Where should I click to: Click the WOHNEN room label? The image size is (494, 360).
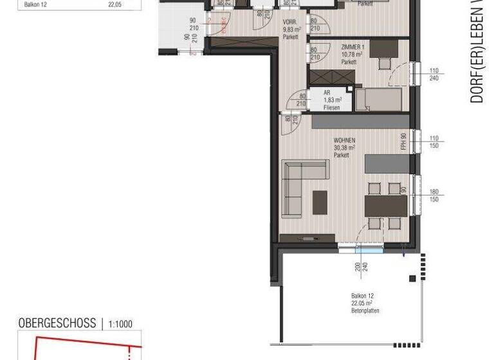pyautogui.click(x=344, y=140)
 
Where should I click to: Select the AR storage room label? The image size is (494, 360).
pyautogui.click(x=327, y=93)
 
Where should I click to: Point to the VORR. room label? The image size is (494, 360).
pyautogui.click(x=290, y=22)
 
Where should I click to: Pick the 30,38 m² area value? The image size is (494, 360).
pyautogui.click(x=344, y=148)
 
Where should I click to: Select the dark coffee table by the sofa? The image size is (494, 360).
pyautogui.click(x=320, y=203)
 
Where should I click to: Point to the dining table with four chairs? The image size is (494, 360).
pyautogui.click(x=385, y=206)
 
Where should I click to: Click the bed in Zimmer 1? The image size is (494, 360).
pyautogui.click(x=380, y=100)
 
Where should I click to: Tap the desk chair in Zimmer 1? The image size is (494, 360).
pyautogui.click(x=385, y=63)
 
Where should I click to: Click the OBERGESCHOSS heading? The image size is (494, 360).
pyautogui.click(x=57, y=323)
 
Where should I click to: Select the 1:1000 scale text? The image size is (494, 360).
pyautogui.click(x=121, y=324)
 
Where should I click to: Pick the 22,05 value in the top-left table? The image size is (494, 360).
pyautogui.click(x=116, y=4)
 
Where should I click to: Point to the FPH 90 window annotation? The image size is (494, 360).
pyautogui.click(x=404, y=141)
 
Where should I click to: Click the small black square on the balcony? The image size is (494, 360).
pyautogui.click(x=412, y=278)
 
